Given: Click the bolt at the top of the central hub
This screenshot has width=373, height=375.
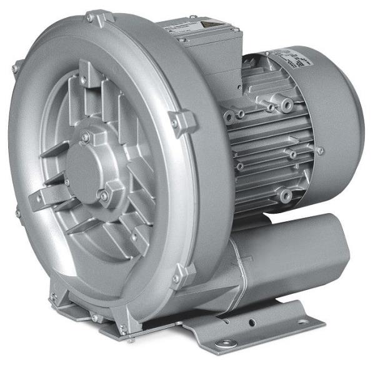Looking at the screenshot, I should coord(86,136).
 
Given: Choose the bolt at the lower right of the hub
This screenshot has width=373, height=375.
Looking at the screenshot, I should coord(104,197).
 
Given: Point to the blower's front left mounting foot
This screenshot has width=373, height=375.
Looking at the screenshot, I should coord(62,306).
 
